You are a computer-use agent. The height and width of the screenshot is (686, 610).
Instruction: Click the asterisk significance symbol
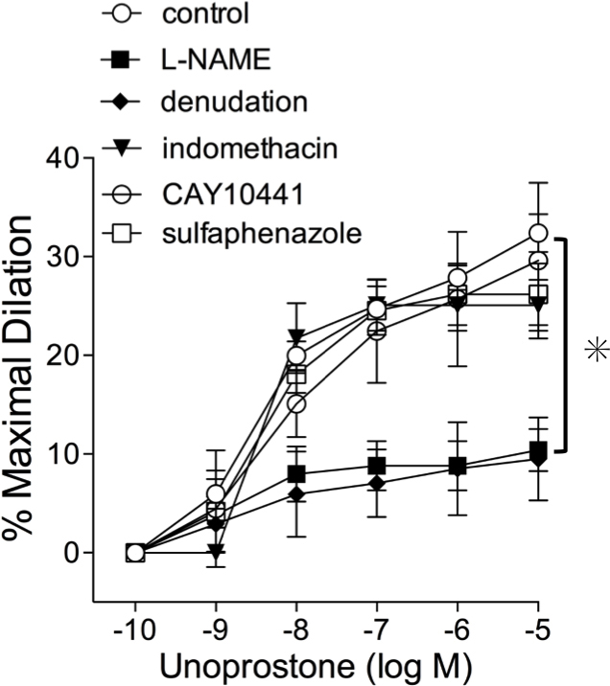pos(597,351)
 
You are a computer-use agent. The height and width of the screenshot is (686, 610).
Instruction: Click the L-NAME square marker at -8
pos(296,474)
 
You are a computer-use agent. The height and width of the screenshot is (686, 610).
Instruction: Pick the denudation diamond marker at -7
pos(377,483)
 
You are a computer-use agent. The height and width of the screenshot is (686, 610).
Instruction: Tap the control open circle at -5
pos(538,233)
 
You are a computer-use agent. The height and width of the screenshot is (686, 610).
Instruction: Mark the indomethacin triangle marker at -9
pos(216,551)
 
